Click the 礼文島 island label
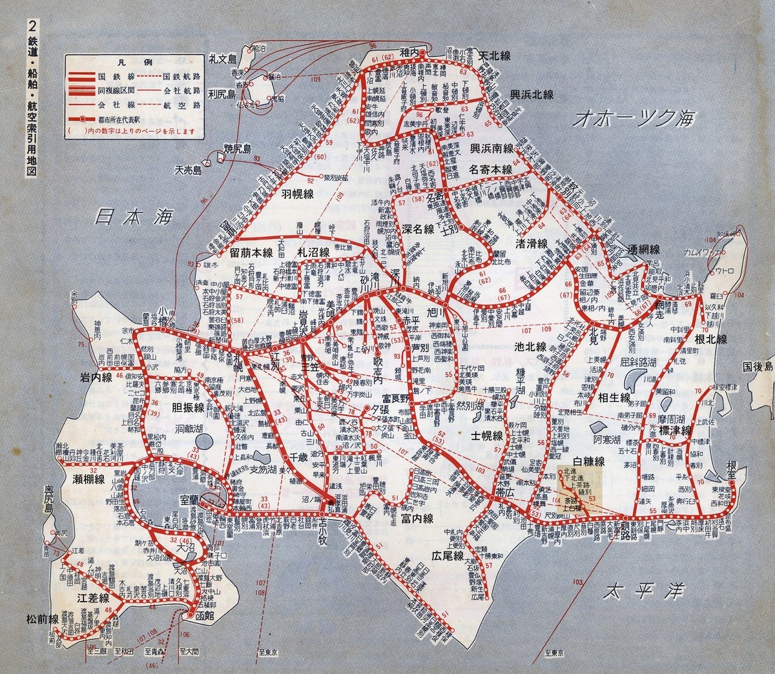click(224, 59)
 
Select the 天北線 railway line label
click(494, 56)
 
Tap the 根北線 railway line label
click(711, 339)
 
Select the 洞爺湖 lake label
click(172, 428)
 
